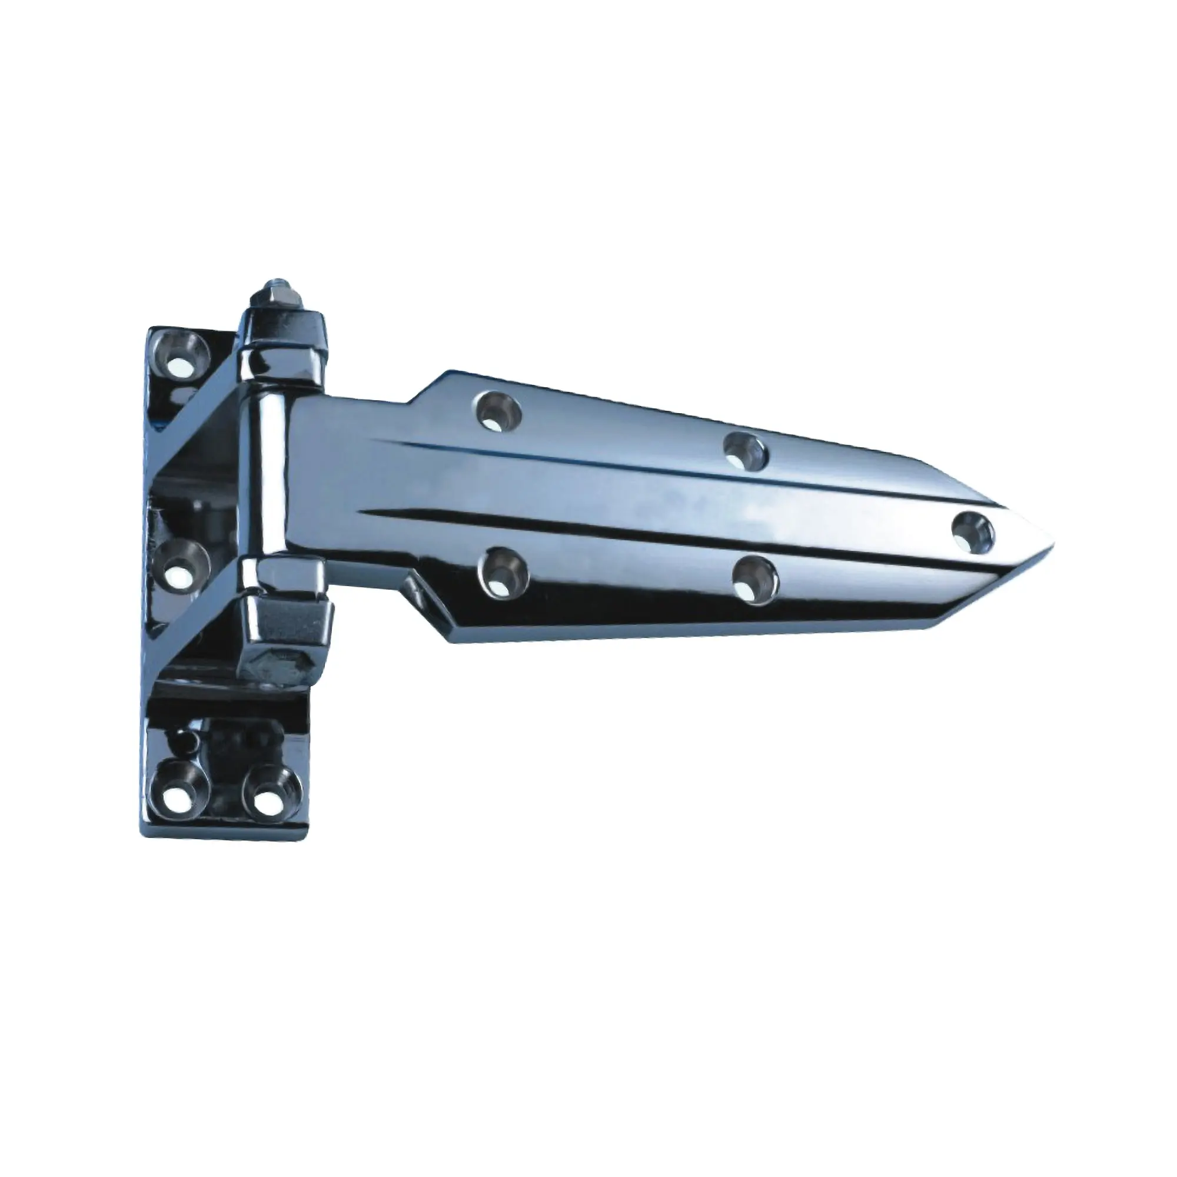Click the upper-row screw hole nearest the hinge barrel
499,411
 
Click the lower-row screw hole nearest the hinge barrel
503,570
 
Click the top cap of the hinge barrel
281,333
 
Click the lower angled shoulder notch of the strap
427,594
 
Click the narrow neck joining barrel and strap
347,487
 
